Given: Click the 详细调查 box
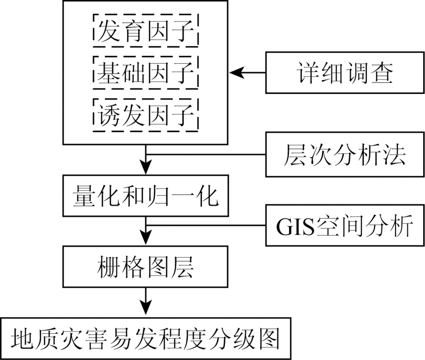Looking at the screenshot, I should coord(345,73).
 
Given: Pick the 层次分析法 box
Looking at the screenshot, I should coord(345,155).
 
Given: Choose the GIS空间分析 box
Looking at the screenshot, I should coord(345,225).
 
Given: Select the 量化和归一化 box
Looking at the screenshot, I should coord(146,195).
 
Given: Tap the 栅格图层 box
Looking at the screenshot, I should coord(146,267).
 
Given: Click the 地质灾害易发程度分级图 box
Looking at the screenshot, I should coord(146,338).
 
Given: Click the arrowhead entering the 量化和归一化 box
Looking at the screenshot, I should coord(146,168).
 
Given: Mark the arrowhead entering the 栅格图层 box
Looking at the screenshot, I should coord(146,239).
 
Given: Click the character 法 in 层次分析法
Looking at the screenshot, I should coord(395,155).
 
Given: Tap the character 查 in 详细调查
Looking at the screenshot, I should coord(382,73).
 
